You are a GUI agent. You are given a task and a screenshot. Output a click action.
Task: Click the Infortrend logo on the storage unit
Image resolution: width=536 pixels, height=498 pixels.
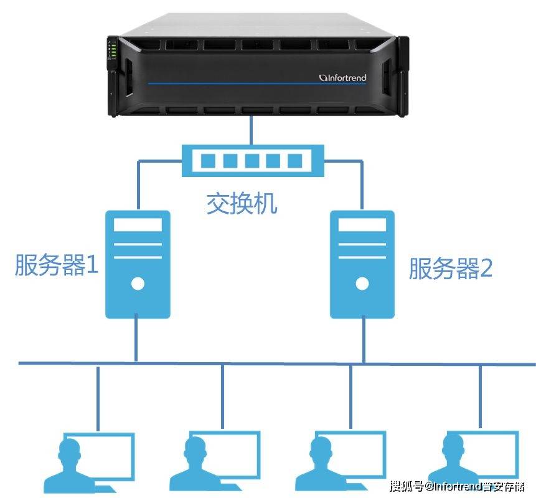[342, 78]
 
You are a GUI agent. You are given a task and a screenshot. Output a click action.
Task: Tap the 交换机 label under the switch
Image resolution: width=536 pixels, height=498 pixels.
[242, 204]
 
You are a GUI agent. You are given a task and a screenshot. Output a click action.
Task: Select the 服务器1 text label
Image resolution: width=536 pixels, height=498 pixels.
[57, 265]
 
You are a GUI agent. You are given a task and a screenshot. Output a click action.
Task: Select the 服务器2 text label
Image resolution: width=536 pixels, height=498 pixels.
[451, 268]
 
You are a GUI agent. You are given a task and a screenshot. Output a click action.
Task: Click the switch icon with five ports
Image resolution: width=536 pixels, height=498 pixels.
[253, 161]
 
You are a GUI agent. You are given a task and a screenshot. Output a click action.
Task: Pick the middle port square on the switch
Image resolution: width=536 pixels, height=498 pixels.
[252, 161]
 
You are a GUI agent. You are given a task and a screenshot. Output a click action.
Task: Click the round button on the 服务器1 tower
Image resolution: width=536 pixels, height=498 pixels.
[138, 284]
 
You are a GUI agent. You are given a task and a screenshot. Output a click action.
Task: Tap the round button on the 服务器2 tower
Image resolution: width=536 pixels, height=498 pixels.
[362, 284]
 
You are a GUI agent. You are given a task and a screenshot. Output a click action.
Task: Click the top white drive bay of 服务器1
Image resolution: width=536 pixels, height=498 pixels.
[138, 225]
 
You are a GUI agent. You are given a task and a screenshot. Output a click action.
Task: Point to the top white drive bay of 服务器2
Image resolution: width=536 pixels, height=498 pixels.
[362, 225]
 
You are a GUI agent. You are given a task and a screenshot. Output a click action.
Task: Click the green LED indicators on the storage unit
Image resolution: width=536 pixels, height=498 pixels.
[113, 49]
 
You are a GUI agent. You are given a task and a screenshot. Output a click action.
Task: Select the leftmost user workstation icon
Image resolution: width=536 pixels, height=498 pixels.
[89, 462]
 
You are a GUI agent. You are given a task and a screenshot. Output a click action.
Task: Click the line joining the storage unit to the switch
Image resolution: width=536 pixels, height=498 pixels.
[252, 130]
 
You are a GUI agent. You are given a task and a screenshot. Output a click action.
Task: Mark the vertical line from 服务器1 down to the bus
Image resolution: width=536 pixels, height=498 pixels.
[136, 338]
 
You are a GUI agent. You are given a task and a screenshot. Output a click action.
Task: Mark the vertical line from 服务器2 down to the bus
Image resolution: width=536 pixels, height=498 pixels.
[364, 339]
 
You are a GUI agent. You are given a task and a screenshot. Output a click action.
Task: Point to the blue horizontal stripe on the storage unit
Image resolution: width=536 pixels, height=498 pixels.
[256, 83]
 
